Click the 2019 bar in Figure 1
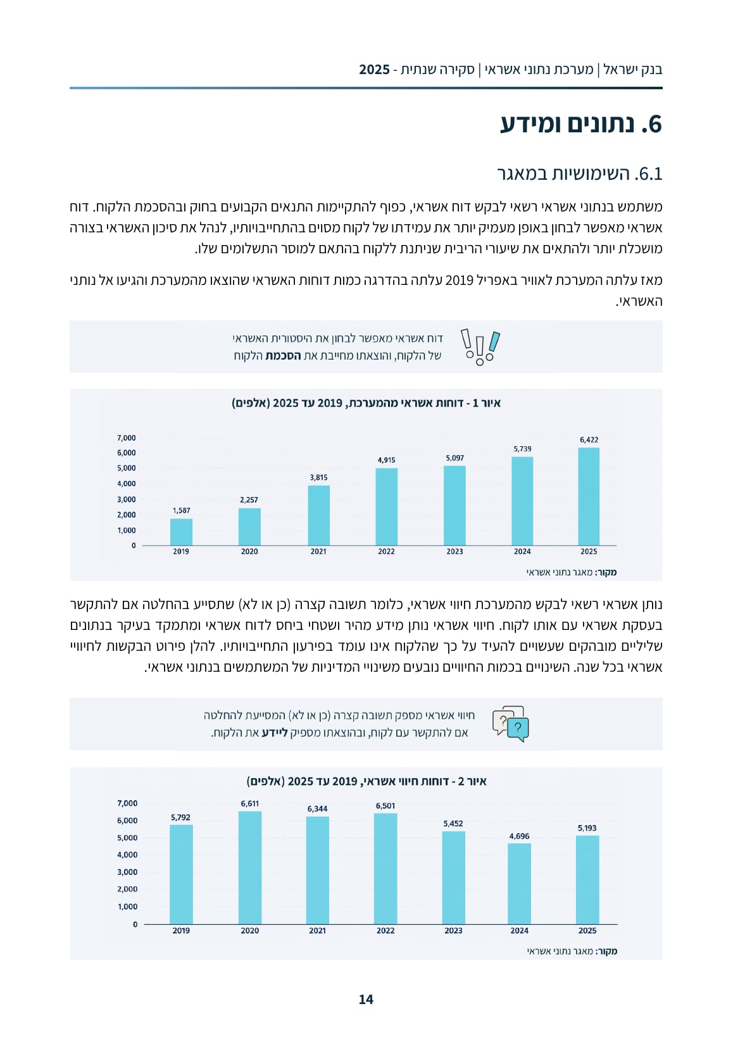[181, 532]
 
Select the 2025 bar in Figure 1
[589, 496]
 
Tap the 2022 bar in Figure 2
[385, 869]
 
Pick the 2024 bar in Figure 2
[519, 884]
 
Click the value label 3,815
[318, 477]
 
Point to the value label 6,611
[250, 803]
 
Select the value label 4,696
[519, 836]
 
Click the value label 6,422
[589, 440]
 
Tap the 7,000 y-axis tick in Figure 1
[127, 438]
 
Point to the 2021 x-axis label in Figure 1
[318, 551]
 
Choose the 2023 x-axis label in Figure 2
[453, 931]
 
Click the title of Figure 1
[366, 403]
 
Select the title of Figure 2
[366, 781]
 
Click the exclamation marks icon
[480, 347]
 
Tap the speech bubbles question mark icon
[510, 724]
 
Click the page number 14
[366, 1000]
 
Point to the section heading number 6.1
[648, 173]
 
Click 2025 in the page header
[374, 70]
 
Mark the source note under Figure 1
[572, 572]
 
